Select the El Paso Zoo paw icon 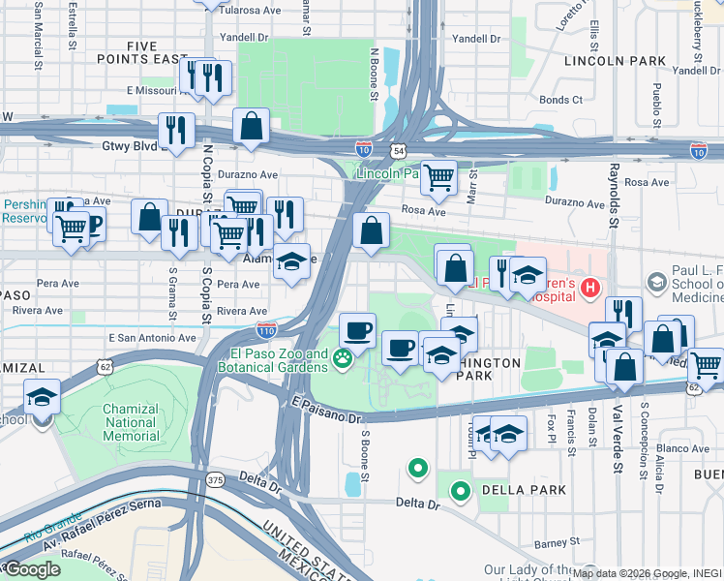tap(342, 360)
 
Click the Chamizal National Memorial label tap(131, 423)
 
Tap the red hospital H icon tap(588, 288)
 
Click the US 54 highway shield tap(399, 151)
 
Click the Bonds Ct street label tap(560, 100)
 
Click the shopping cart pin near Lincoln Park tap(438, 177)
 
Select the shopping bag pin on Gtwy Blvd tap(251, 126)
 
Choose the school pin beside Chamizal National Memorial tap(43, 396)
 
